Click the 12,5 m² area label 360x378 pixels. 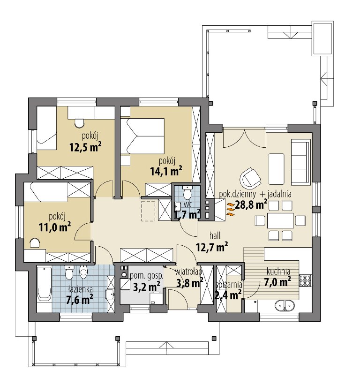pos(85,147)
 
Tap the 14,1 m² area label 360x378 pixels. pos(166,171)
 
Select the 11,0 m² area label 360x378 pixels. pos(55,227)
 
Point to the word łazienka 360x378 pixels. pos(80,289)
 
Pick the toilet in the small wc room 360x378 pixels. pos(187,193)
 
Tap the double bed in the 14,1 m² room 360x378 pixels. pos(142,136)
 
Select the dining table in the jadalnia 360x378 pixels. pos(280,220)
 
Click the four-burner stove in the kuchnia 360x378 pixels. pos(305,280)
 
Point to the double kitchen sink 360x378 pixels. pos(285,305)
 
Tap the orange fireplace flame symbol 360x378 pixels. pos(230,209)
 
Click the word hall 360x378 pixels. pos(215,235)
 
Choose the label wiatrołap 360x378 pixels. pos(188,272)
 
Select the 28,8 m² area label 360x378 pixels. pos(251,205)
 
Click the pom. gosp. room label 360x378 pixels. pos(147,276)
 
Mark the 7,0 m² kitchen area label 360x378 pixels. pos(277,282)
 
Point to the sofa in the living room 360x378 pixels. pos(300,163)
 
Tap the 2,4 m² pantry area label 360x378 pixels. pos(228,295)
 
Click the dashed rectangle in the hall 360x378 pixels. pos(149,211)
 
